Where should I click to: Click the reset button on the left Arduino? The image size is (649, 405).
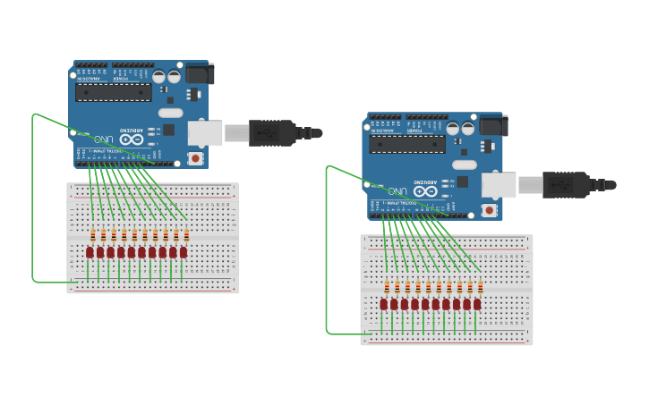point(195,158)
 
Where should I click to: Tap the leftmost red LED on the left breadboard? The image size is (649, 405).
point(90,253)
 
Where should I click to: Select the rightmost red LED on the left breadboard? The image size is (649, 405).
point(184,253)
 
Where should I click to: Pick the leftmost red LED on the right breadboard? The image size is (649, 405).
point(383,305)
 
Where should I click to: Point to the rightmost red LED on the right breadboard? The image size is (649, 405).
point(477,305)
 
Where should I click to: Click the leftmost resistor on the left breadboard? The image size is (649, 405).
point(92,236)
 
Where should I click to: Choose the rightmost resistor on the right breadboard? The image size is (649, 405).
point(481,288)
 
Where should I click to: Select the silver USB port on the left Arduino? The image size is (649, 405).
point(204,133)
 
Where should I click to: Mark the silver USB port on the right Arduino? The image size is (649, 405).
point(498,185)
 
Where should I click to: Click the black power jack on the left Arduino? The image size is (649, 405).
point(200,73)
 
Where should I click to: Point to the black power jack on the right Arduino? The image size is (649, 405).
point(493,125)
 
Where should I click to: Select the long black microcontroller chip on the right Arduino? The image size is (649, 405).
point(407,144)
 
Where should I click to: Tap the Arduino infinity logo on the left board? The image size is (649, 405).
point(132,139)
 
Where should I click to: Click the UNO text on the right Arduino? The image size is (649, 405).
point(397,191)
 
